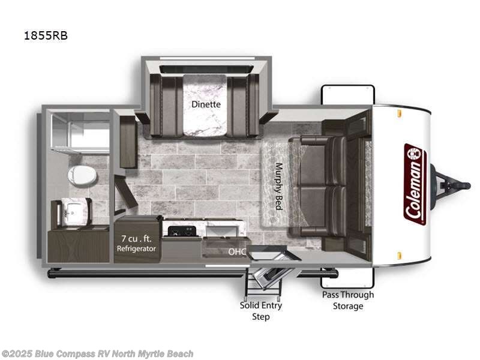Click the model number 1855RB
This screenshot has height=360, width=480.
46,35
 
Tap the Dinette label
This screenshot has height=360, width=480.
206,104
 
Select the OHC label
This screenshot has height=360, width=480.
235,253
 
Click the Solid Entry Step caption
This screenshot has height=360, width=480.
261,310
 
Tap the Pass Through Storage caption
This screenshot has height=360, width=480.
348,300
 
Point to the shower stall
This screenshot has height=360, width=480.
80,129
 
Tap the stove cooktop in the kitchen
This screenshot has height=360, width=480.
181,231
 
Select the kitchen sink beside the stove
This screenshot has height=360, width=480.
222,229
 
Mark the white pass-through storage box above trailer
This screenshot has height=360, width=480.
348,95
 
